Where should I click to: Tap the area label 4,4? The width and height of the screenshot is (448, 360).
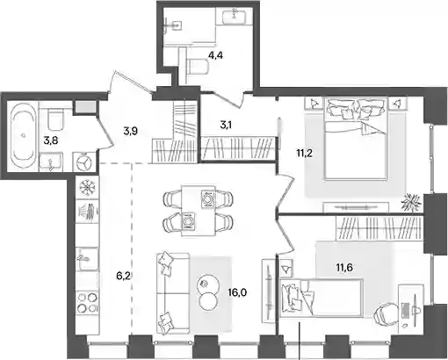point(215,54)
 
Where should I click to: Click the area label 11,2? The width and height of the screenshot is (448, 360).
point(304,153)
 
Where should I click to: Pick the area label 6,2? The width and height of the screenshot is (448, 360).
point(123,276)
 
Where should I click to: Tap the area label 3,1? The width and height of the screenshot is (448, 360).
point(228,125)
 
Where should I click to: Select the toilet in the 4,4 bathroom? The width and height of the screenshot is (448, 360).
point(197,67)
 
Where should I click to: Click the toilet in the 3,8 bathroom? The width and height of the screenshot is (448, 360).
point(56,119)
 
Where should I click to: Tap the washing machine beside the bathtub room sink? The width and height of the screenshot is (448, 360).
point(84,162)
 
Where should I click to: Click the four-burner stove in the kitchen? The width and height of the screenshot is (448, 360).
point(87,302)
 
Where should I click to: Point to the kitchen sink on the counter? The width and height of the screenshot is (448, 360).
point(87,259)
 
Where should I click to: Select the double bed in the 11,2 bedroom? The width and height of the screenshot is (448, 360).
point(356,138)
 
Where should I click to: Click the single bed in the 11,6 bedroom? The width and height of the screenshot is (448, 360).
point(322,298)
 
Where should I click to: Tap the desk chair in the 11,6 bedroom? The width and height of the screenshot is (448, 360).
point(385,317)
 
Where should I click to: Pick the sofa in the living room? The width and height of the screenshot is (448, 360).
point(173,293)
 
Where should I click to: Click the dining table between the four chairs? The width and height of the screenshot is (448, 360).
point(199,210)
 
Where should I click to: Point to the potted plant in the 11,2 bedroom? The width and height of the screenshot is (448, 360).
point(410,202)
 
